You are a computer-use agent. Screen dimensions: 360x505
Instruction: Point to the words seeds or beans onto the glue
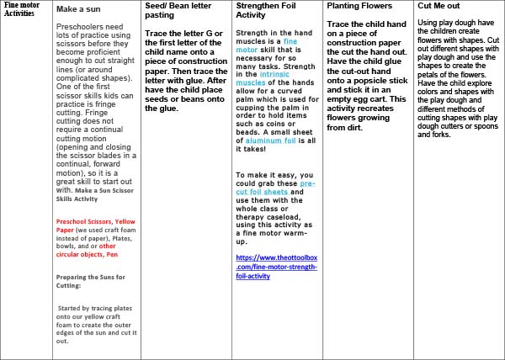pos(178,83)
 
